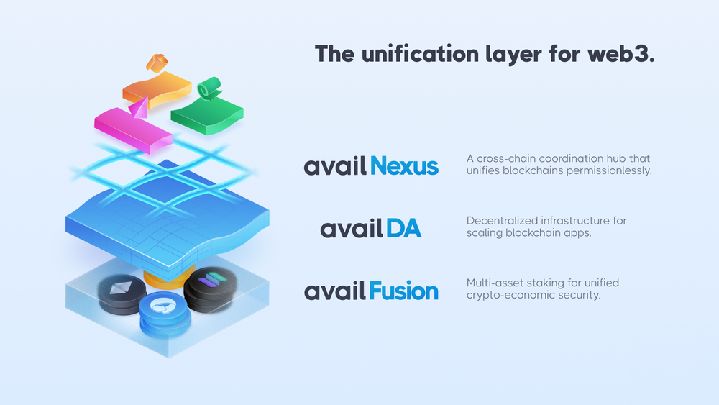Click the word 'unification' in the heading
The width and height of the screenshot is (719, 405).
[420, 54]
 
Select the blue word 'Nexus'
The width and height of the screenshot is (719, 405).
[404, 165]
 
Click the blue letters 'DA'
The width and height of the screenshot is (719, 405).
[403, 228]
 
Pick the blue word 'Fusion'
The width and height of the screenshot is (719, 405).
[403, 291]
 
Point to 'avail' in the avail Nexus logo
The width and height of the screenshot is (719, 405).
[335, 165]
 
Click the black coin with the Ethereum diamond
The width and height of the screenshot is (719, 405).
[122, 294]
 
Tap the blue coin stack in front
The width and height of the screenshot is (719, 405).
[165, 314]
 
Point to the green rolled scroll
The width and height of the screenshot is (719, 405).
[209, 88]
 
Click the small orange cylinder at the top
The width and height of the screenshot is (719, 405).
[157, 63]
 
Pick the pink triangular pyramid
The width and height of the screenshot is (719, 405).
[139, 108]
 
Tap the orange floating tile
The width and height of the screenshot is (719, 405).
[157, 89]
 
